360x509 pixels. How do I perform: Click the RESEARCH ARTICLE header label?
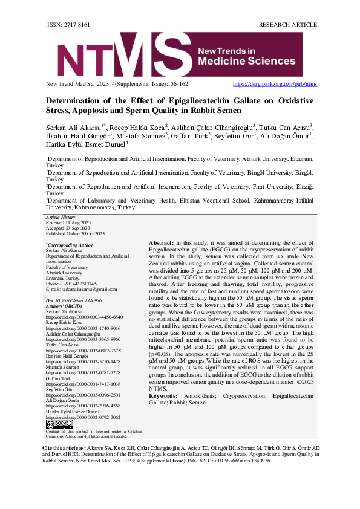coord(287,24)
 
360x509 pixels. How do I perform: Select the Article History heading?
coord(61,217)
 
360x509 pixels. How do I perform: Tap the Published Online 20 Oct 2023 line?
coord(75,233)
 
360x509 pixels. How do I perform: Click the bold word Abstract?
coord(160,242)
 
